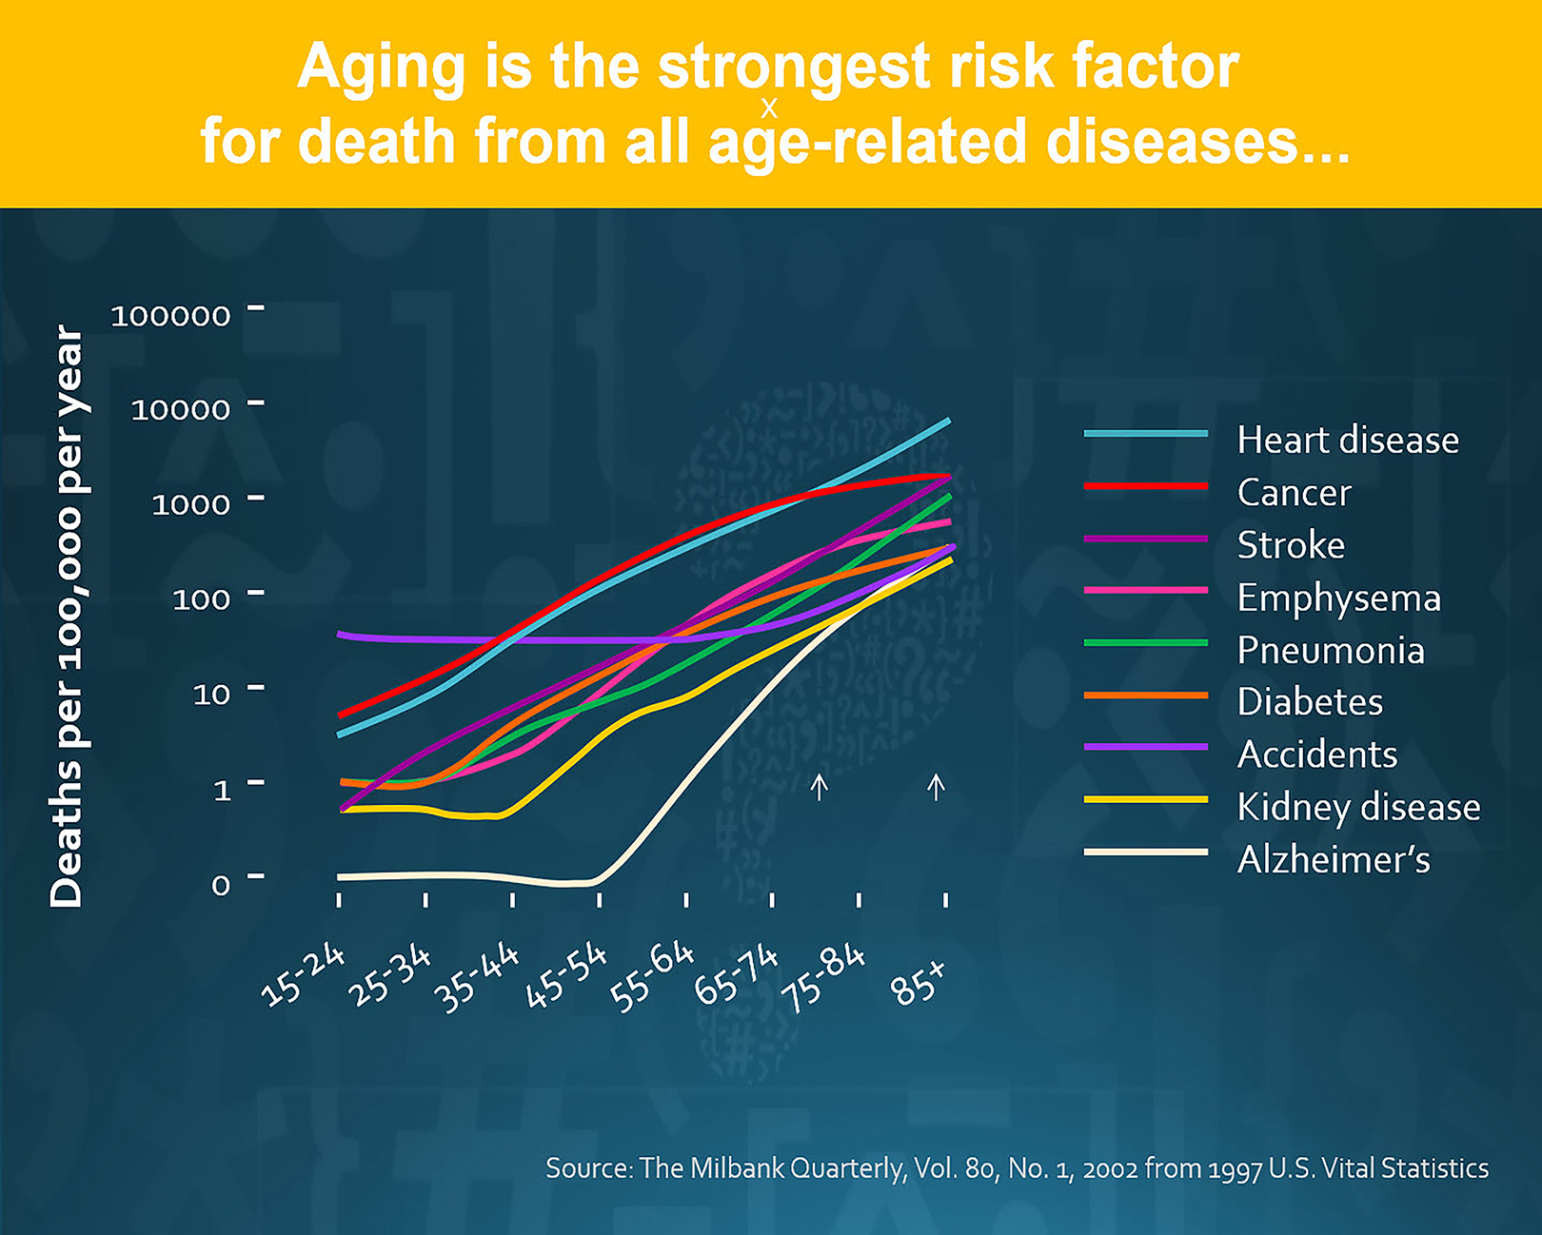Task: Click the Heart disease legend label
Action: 1347,441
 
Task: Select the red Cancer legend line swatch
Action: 1145,486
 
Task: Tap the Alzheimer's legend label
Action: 1333,860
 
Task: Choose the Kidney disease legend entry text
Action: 1358,808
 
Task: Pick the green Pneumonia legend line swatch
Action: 1145,643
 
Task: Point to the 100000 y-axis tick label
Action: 170,316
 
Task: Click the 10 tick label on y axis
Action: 211,695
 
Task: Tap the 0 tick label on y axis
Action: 221,885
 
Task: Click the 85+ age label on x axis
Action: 919,983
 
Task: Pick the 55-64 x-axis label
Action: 652,977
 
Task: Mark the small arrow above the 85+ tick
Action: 937,787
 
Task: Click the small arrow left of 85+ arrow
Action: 819,787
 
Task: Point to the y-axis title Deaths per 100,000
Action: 67,616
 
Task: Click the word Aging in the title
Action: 381,69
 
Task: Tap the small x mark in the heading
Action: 769,109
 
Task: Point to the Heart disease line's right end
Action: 948,421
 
